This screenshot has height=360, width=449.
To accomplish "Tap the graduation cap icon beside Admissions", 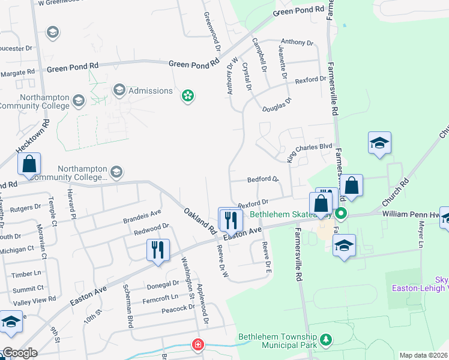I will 118,91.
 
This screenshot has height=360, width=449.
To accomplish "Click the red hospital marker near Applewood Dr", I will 197,344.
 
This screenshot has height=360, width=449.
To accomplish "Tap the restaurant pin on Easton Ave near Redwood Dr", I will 158,250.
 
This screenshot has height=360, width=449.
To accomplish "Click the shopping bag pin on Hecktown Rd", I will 29,164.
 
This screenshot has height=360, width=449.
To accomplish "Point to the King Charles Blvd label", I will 309,152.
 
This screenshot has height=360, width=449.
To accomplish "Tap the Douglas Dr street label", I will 276,105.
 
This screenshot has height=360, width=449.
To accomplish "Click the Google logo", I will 19,353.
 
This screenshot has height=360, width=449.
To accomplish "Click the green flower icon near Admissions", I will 188,95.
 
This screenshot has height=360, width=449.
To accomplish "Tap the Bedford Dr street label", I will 264,179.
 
